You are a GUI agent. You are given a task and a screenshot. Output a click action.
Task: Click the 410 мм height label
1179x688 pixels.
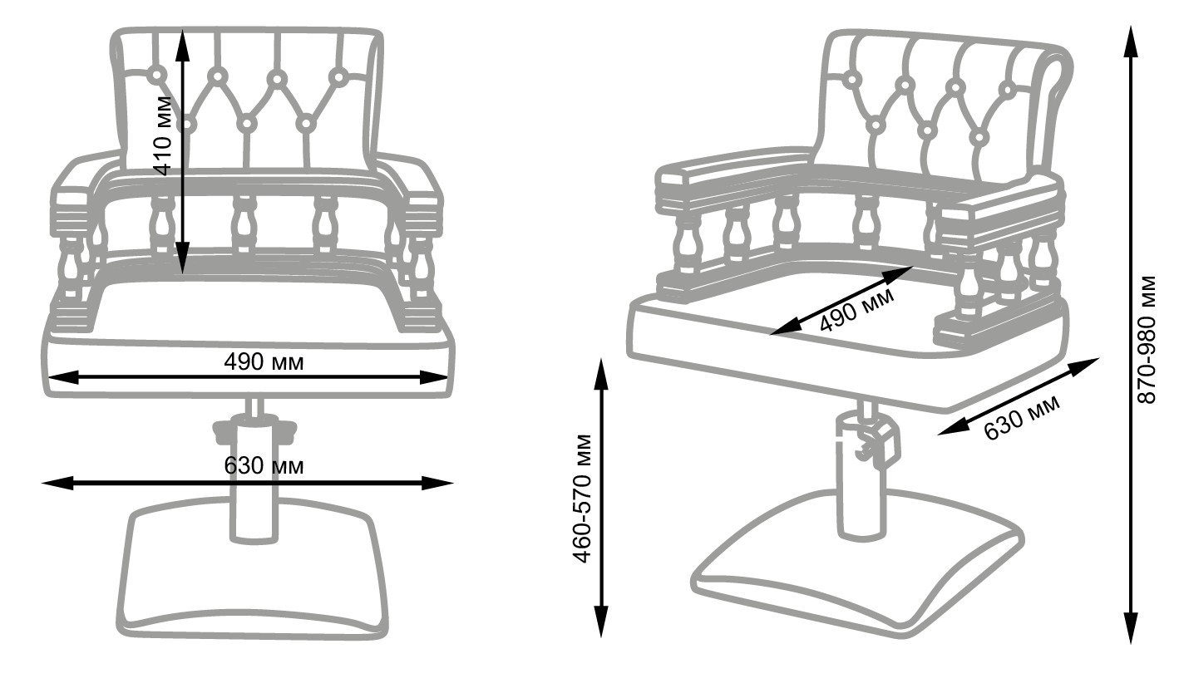(164, 135)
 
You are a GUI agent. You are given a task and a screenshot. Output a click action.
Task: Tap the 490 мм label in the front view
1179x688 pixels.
(264, 362)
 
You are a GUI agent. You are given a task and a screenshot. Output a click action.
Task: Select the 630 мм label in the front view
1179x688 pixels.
(264, 465)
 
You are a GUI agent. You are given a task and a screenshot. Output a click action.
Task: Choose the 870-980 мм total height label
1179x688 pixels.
(1147, 338)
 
